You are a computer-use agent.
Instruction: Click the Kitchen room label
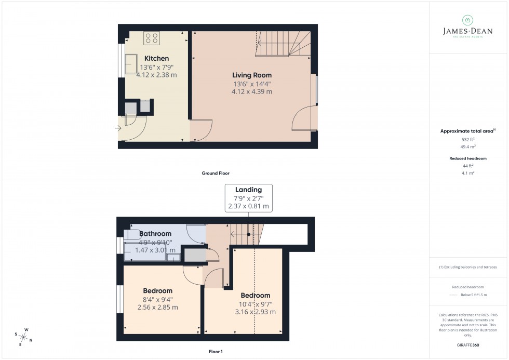[156, 58]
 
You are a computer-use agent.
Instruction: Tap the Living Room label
[251, 75]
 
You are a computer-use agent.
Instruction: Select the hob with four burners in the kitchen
[152, 38]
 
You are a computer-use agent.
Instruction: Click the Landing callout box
[248, 198]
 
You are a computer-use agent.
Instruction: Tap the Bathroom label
[155, 234]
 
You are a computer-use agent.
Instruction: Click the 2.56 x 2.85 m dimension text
[157, 307]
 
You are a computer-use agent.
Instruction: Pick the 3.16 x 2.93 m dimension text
[255, 312]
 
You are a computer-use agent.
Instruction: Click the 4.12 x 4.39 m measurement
[251, 91]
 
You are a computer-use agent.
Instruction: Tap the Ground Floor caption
[216, 173]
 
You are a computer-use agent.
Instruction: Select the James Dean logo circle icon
[468, 20]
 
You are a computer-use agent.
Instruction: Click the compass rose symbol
[24, 337]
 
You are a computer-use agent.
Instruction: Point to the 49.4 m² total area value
[468, 146]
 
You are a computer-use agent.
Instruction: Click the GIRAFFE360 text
[468, 345]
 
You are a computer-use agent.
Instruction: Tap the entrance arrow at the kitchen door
[118, 128]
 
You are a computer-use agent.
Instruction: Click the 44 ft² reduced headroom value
[468, 166]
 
